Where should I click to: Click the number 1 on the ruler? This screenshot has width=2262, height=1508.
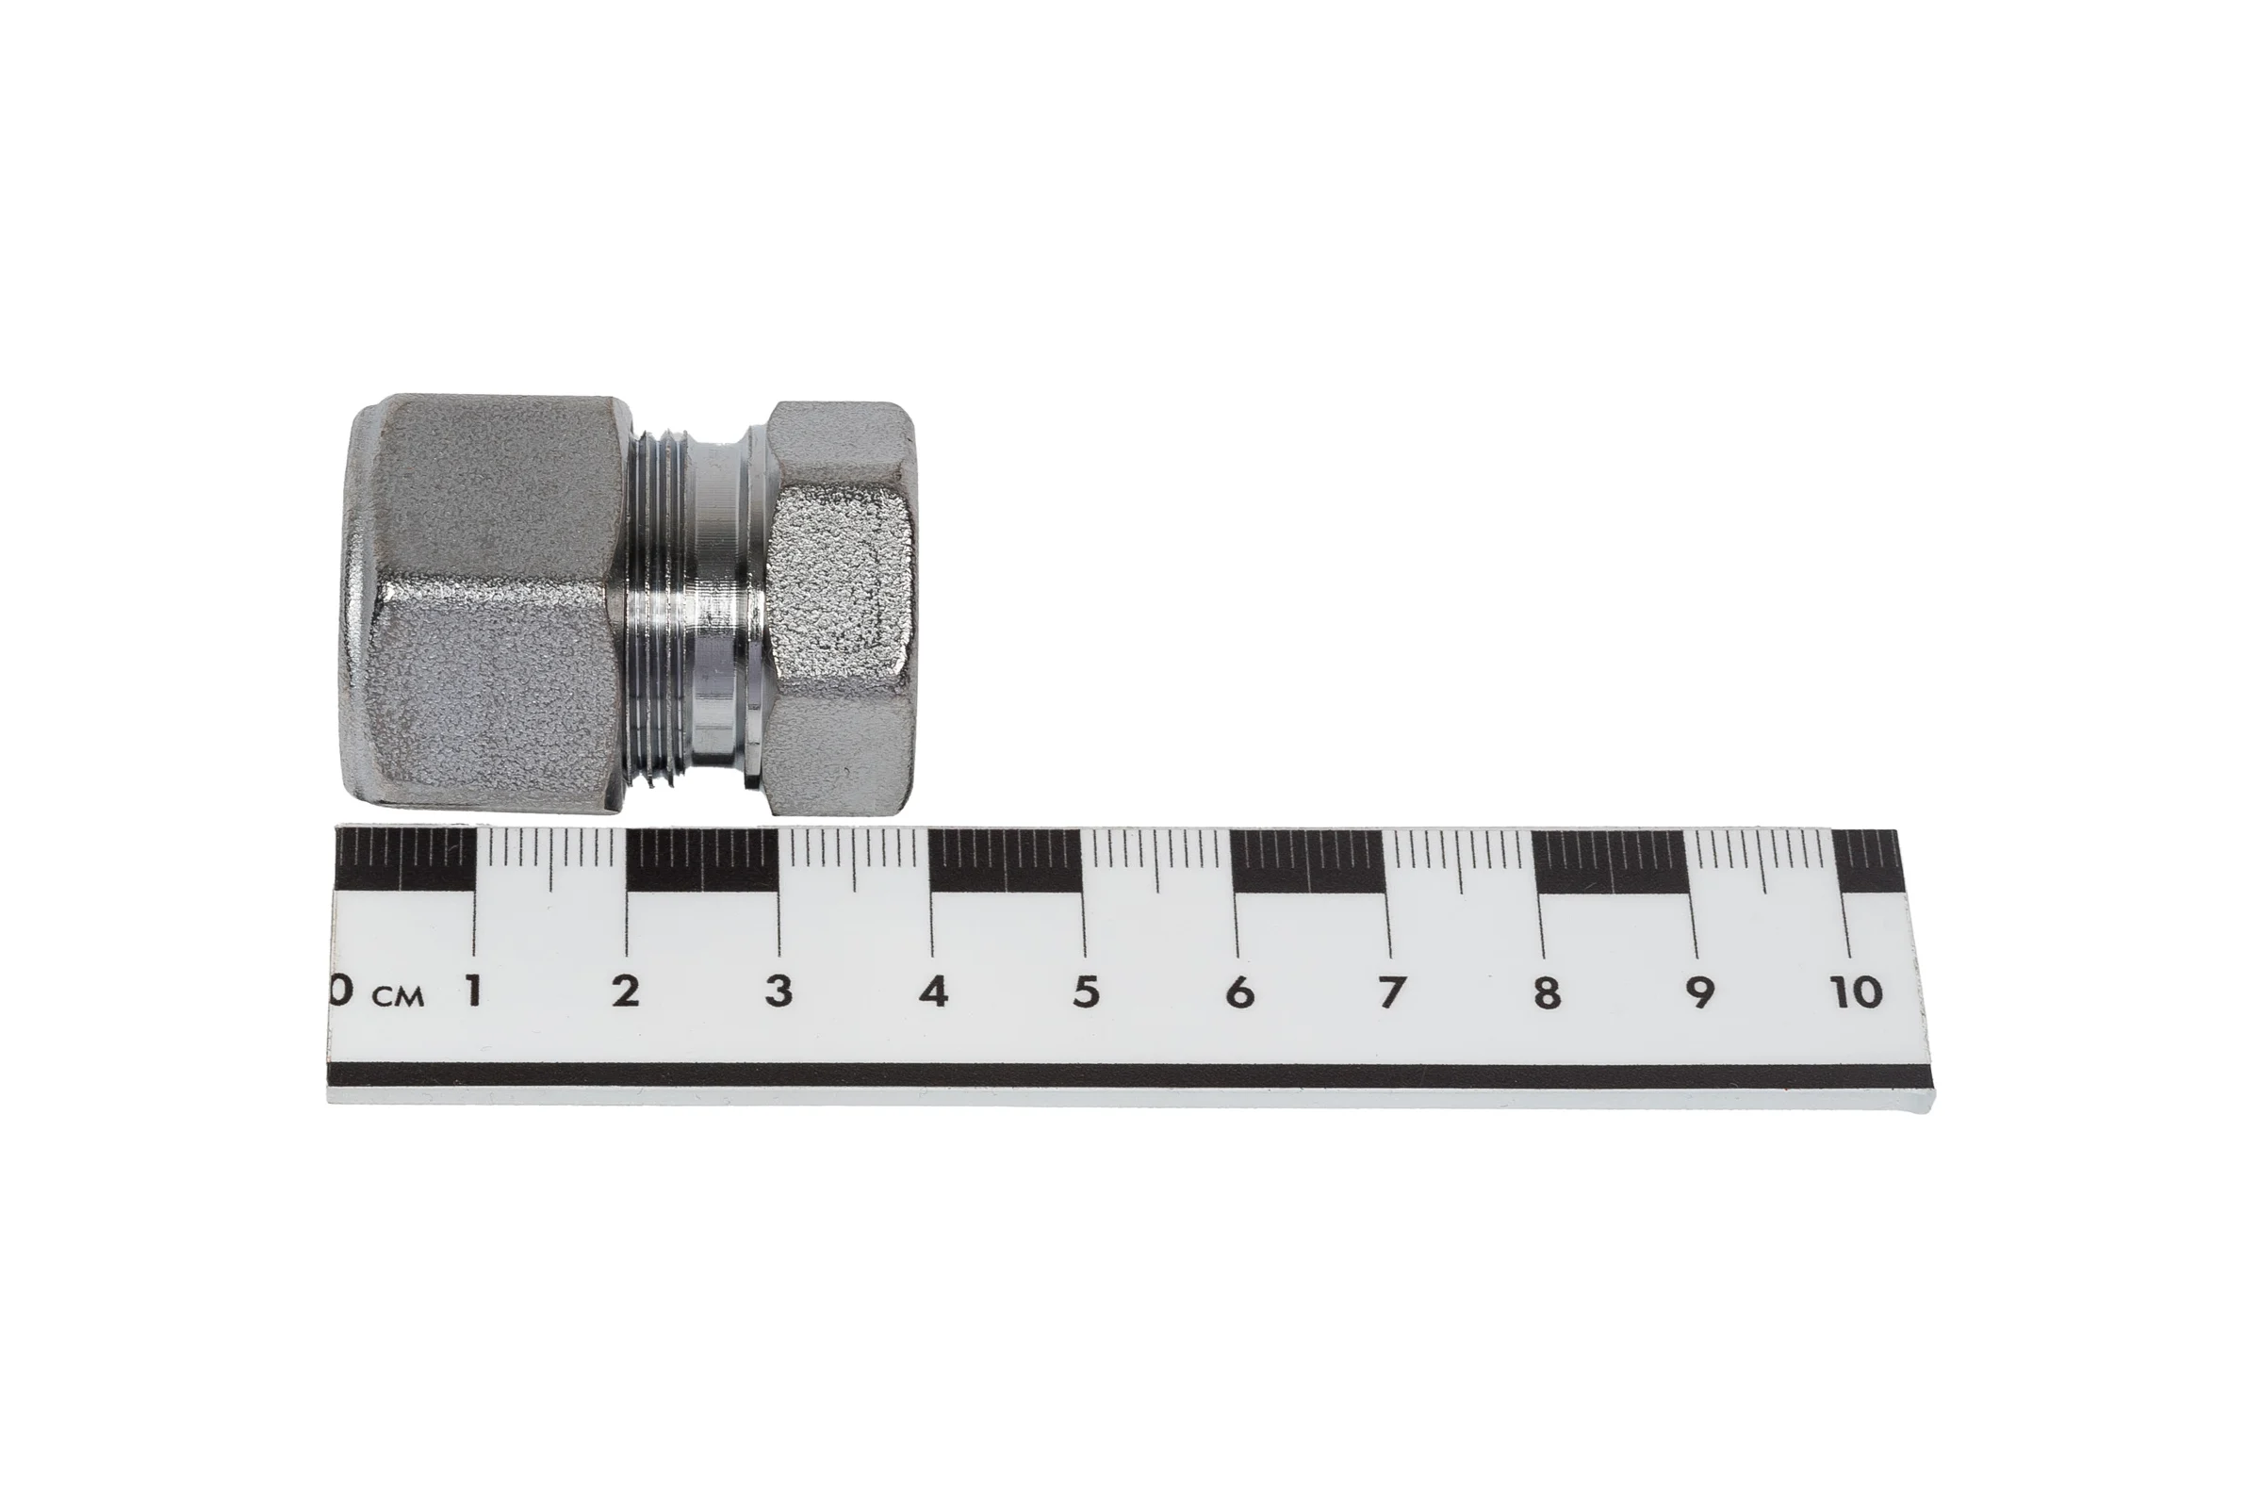473,991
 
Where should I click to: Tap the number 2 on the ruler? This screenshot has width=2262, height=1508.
626,991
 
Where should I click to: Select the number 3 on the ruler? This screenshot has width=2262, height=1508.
779,991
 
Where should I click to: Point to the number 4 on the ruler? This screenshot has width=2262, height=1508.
933,992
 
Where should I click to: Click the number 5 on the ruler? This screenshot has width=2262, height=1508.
1086,992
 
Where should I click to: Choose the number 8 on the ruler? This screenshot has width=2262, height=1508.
1547,992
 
